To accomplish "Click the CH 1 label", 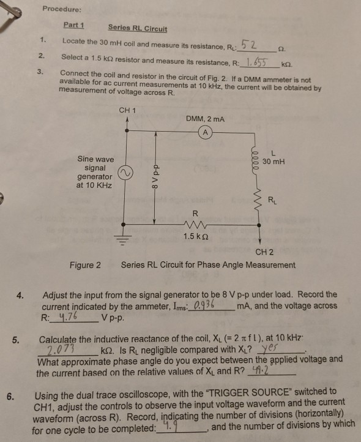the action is (x=127, y=110).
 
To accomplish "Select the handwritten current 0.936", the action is (x=204, y=305).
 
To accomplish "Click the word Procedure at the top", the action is (x=62, y=9).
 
